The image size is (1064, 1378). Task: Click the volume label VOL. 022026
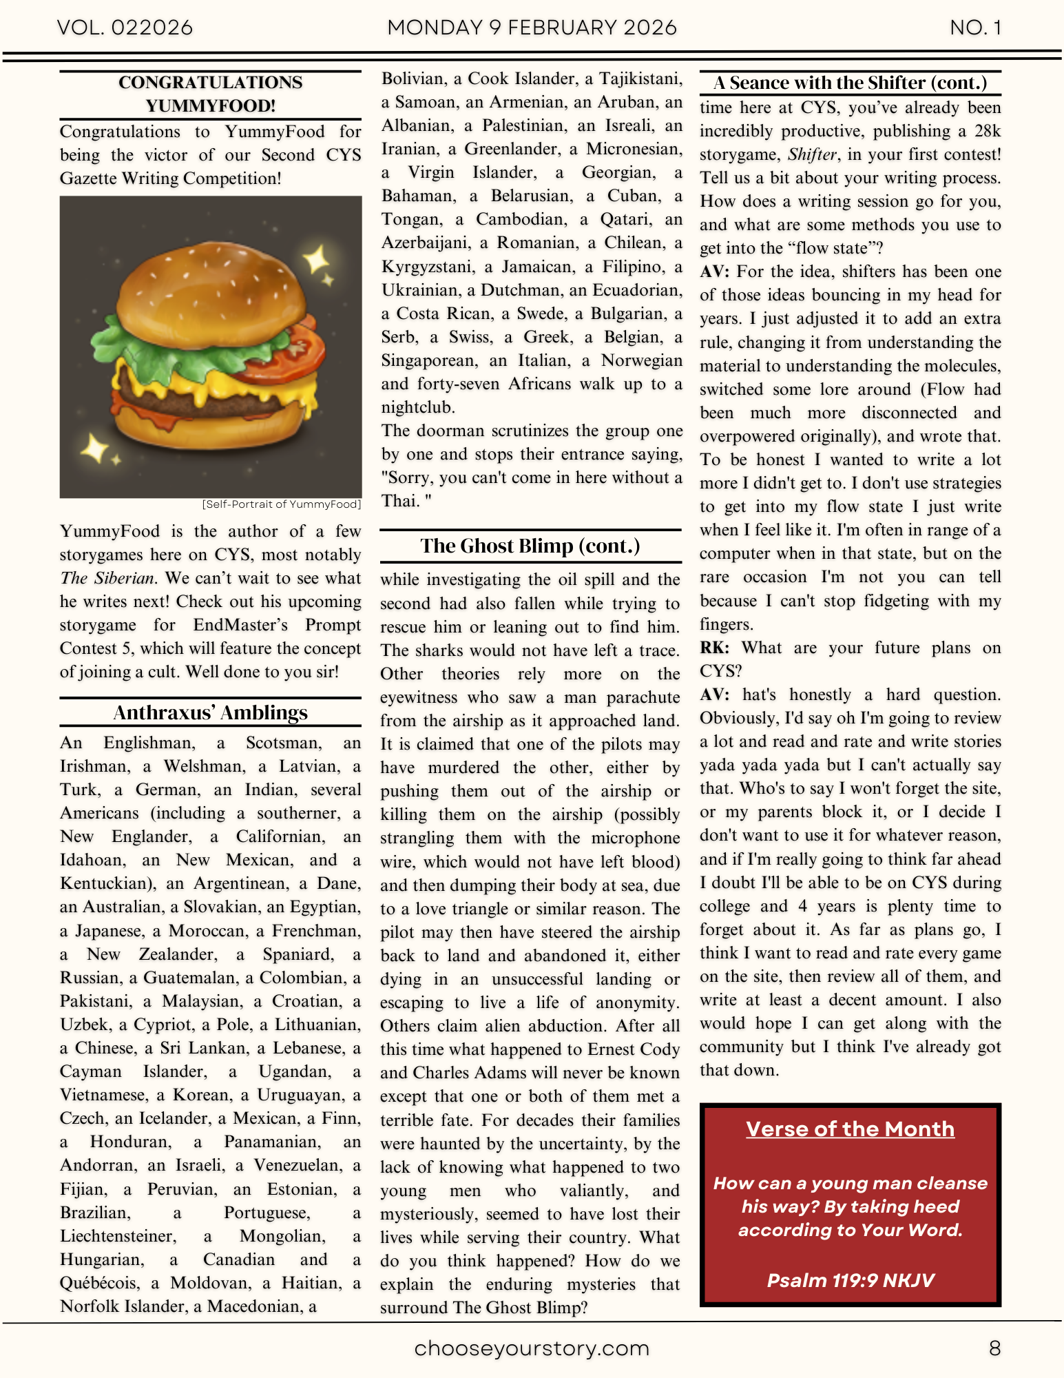tap(125, 28)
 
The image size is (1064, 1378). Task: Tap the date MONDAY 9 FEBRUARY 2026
tap(532, 28)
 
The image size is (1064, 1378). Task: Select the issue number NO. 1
tap(975, 28)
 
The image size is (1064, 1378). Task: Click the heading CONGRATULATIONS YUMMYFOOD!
tap(210, 94)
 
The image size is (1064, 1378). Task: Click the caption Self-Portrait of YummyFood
tap(281, 504)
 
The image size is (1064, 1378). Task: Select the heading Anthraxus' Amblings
tap(210, 712)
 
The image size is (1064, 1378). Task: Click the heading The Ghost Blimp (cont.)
tap(530, 546)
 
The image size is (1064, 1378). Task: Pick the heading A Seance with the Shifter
tap(850, 83)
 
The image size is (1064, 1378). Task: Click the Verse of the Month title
tap(850, 1129)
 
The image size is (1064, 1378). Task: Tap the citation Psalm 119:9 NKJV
tap(850, 1280)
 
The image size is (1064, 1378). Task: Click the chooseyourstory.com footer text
tap(532, 1348)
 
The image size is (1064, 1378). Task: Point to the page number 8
tap(994, 1348)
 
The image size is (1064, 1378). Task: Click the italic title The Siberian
tap(107, 578)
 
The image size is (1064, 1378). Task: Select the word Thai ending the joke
tap(400, 502)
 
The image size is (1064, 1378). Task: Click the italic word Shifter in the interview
tap(812, 154)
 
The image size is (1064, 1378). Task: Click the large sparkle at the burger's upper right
tap(317, 260)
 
